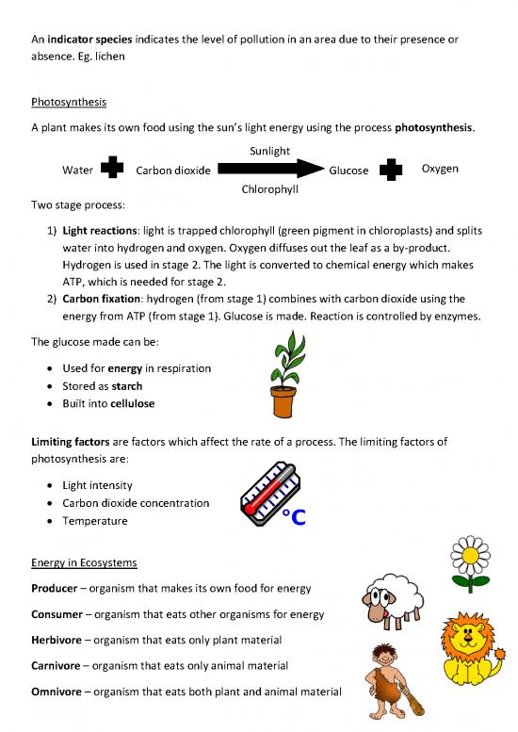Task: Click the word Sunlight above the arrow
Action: (269, 151)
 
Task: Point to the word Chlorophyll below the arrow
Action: (270, 189)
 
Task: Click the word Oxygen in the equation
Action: (440, 170)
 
